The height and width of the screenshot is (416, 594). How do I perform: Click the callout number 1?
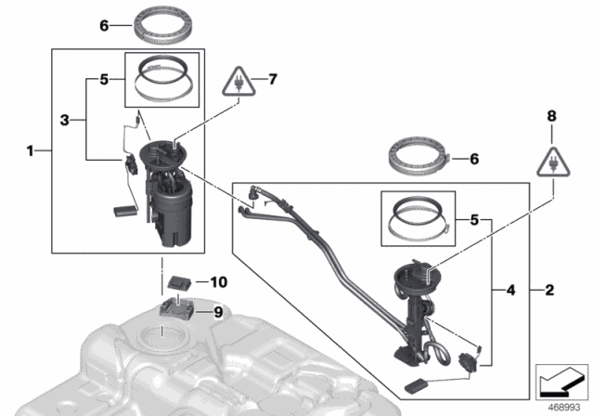tap(31, 149)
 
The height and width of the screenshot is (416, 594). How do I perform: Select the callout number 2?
tap(549, 291)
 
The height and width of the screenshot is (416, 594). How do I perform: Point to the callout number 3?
tap(65, 120)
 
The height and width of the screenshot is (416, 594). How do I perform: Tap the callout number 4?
tap(509, 289)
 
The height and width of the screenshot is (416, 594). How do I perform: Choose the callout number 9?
tap(220, 313)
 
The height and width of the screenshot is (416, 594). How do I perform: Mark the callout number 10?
tap(219, 280)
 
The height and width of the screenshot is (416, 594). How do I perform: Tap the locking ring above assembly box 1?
tap(168, 22)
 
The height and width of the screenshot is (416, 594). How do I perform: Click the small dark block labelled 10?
tap(181, 279)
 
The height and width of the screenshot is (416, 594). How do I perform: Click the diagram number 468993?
tap(561, 407)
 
